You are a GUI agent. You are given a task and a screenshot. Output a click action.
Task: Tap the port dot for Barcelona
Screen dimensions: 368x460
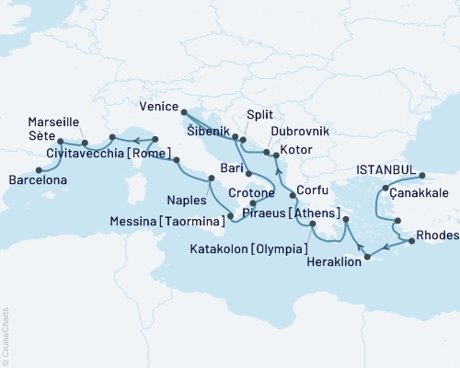point(39,169)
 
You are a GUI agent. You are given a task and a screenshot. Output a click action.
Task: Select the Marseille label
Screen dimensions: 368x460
point(52,121)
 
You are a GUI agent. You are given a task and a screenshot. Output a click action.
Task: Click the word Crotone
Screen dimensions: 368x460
point(243,194)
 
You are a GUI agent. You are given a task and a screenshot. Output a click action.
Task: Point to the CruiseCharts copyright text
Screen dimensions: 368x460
point(6,335)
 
